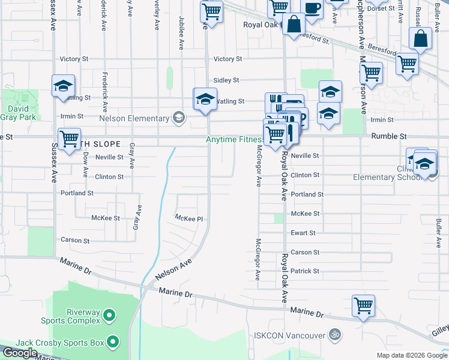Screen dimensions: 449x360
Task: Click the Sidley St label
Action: pyautogui.click(x=226, y=80)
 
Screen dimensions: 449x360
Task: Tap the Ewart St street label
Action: pyautogui.click(x=303, y=233)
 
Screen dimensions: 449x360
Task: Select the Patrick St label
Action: pyautogui.click(x=304, y=271)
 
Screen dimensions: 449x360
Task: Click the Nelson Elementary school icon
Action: pyautogui.click(x=178, y=118)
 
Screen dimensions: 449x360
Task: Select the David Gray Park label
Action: pyautogui.click(x=17, y=114)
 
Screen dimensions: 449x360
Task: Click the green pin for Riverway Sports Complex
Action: pyautogui.click(x=109, y=314)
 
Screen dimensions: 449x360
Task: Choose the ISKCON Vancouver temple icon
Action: pyautogui.click(x=336, y=335)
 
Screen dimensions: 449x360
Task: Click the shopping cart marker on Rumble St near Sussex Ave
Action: pyautogui.click(x=70, y=138)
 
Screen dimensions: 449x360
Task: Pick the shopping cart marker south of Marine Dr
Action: pyautogui.click(x=363, y=305)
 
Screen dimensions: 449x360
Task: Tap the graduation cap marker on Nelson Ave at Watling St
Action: pyautogui.click(x=205, y=99)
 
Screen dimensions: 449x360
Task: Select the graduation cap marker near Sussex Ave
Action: pyautogui.click(x=63, y=85)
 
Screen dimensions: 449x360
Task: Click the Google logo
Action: pyautogui.click(x=20, y=353)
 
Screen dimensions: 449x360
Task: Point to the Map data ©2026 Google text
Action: pyautogui.click(x=411, y=355)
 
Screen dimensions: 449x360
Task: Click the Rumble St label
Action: pyautogui.click(x=388, y=136)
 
